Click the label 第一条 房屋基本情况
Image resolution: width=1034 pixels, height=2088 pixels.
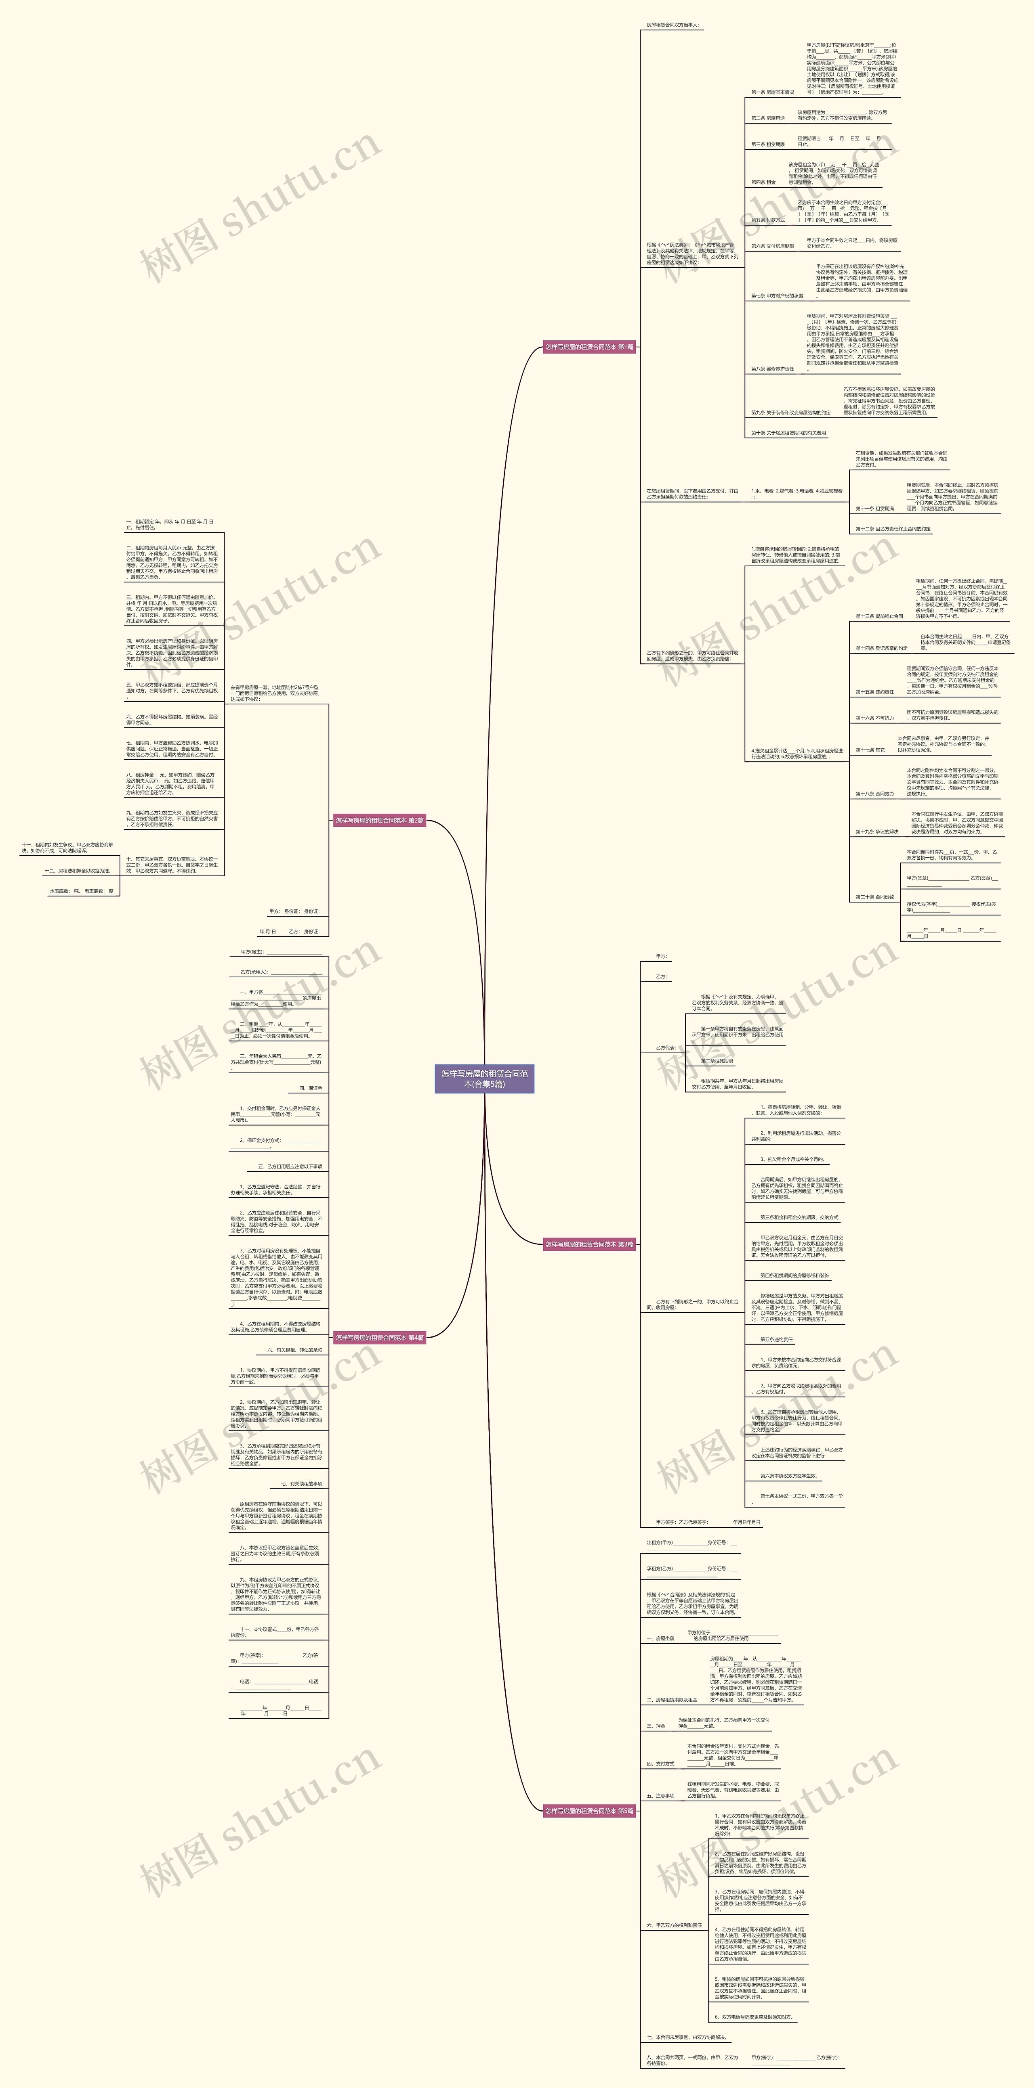tap(772, 92)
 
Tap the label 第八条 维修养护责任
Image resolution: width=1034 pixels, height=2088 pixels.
tap(772, 369)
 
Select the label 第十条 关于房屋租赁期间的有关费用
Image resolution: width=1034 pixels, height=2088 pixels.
tap(788, 433)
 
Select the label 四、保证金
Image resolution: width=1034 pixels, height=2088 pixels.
tap(311, 1088)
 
